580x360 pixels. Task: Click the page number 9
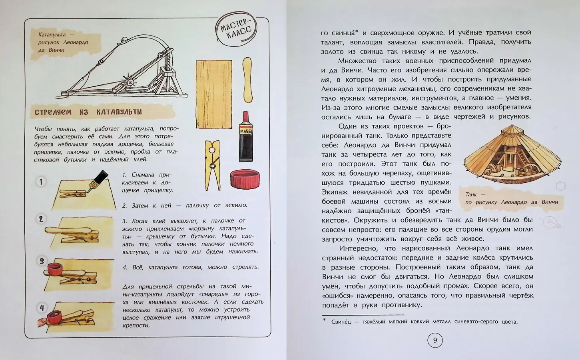pos(435,340)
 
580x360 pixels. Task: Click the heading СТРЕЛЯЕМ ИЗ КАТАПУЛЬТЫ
pos(88,112)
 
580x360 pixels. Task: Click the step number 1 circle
pos(40,182)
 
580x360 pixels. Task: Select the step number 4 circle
pos(42,308)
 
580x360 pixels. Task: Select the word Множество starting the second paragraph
pos(355,61)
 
